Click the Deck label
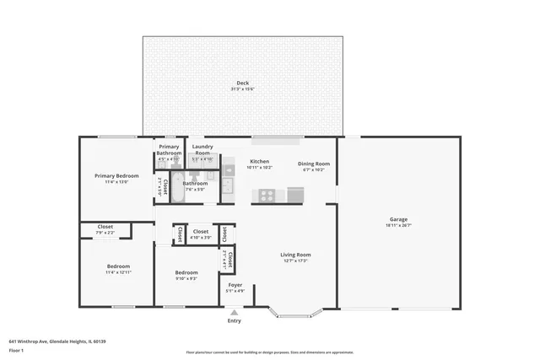(242, 83)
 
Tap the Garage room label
(397, 219)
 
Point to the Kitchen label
(259, 161)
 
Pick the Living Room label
(295, 254)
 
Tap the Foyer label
(235, 285)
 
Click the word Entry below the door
(235, 320)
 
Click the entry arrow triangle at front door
(235, 312)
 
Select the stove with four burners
(267, 195)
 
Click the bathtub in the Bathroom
(165, 186)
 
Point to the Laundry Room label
(202, 149)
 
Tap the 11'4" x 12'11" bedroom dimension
(118, 273)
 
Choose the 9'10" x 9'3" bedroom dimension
(186, 278)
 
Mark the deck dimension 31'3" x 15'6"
(242, 89)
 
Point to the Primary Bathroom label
(169, 149)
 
